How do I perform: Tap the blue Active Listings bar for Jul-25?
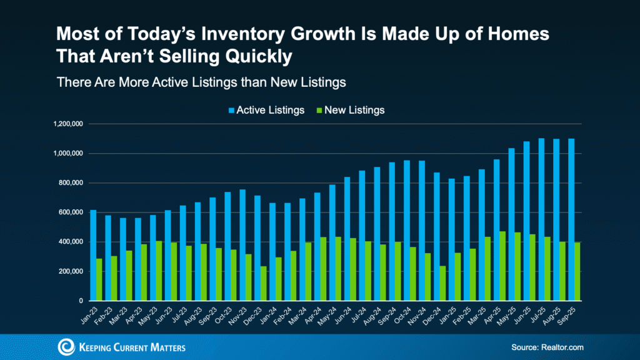click(542, 219)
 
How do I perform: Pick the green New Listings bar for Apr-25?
click(502, 266)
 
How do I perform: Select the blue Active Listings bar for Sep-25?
click(571, 219)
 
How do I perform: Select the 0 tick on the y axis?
click(79, 301)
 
